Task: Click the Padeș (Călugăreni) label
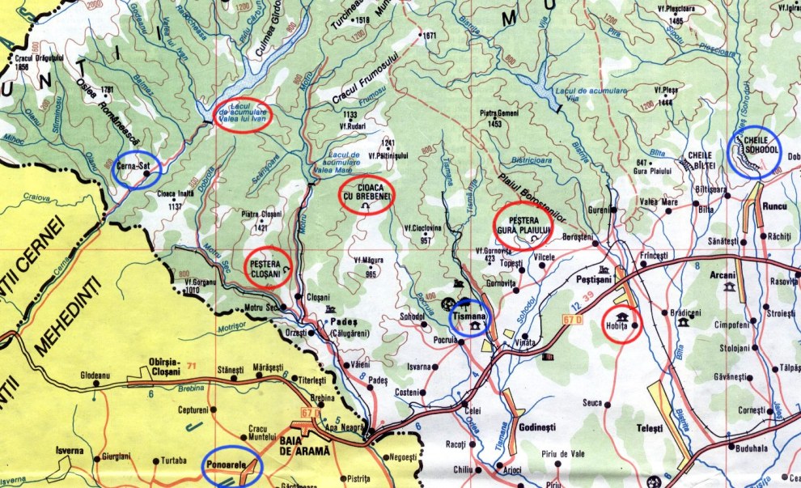coord(346,324)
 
